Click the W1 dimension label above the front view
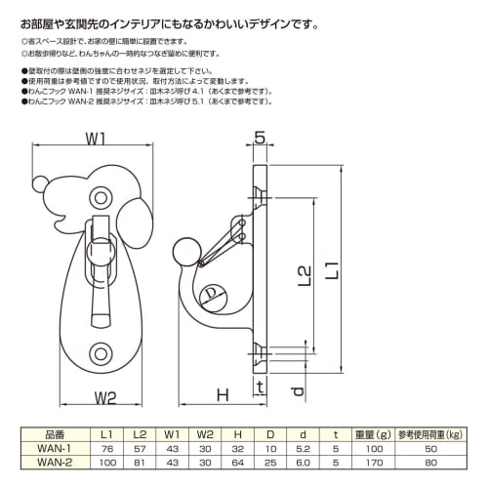tap(95, 140)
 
